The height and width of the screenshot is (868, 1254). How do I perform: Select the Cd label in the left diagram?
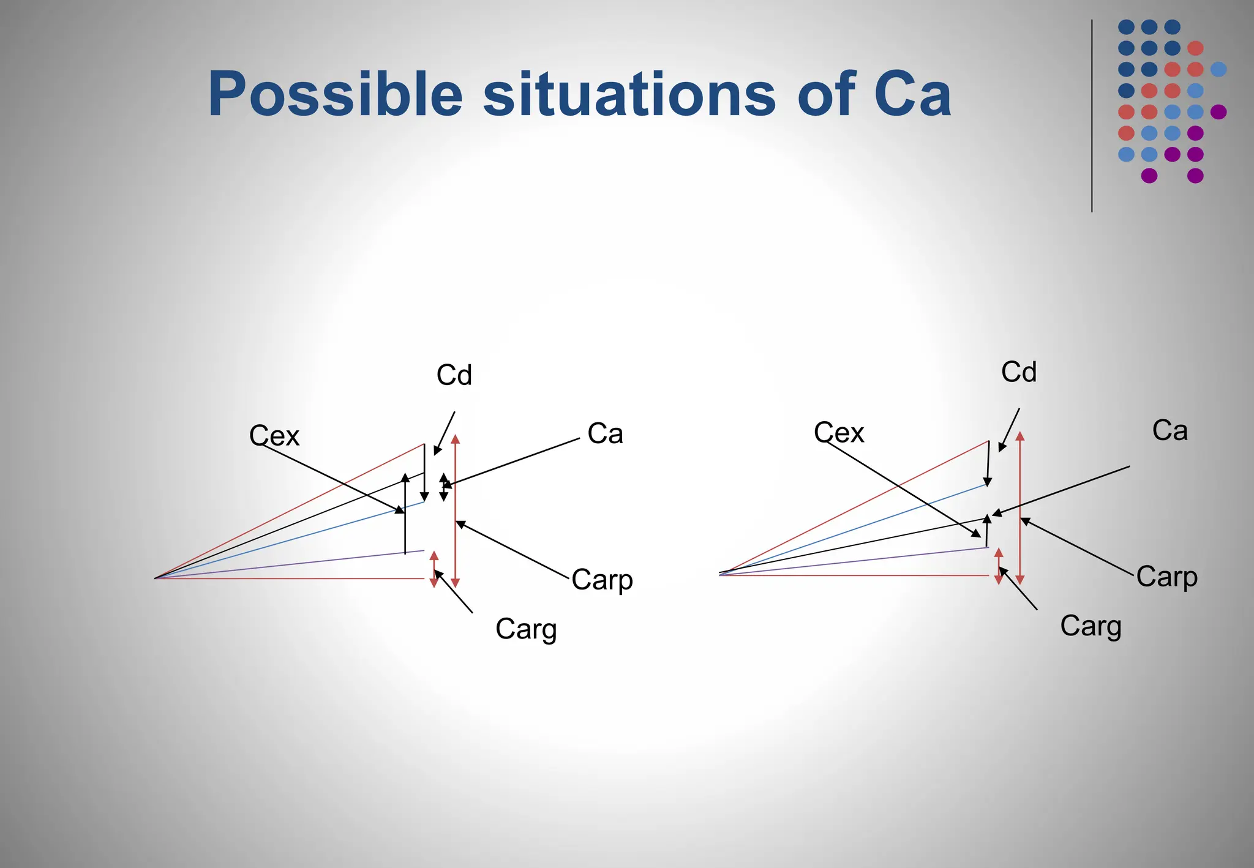coord(454,375)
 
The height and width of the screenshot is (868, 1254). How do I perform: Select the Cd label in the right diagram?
coord(1019,372)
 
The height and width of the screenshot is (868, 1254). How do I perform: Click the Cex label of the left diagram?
coord(274,436)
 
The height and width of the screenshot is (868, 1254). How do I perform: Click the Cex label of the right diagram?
coord(839,433)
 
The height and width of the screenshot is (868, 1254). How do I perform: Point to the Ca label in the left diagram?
coord(605,433)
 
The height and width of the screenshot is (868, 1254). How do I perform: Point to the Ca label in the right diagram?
coord(1170,430)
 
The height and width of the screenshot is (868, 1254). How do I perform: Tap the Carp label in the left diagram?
coord(602,579)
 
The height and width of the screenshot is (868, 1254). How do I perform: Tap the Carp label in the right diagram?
coord(1166,576)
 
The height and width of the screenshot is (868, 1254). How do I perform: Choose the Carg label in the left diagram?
coord(526,629)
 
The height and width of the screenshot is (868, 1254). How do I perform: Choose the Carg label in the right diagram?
coord(1091,626)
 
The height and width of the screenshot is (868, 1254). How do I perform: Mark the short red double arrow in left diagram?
coord(434,569)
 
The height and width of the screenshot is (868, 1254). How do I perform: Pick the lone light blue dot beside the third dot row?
coord(1218,69)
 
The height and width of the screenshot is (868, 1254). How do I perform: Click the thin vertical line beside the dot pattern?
coord(1092,116)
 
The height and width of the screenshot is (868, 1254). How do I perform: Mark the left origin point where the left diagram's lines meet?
coord(156,578)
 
